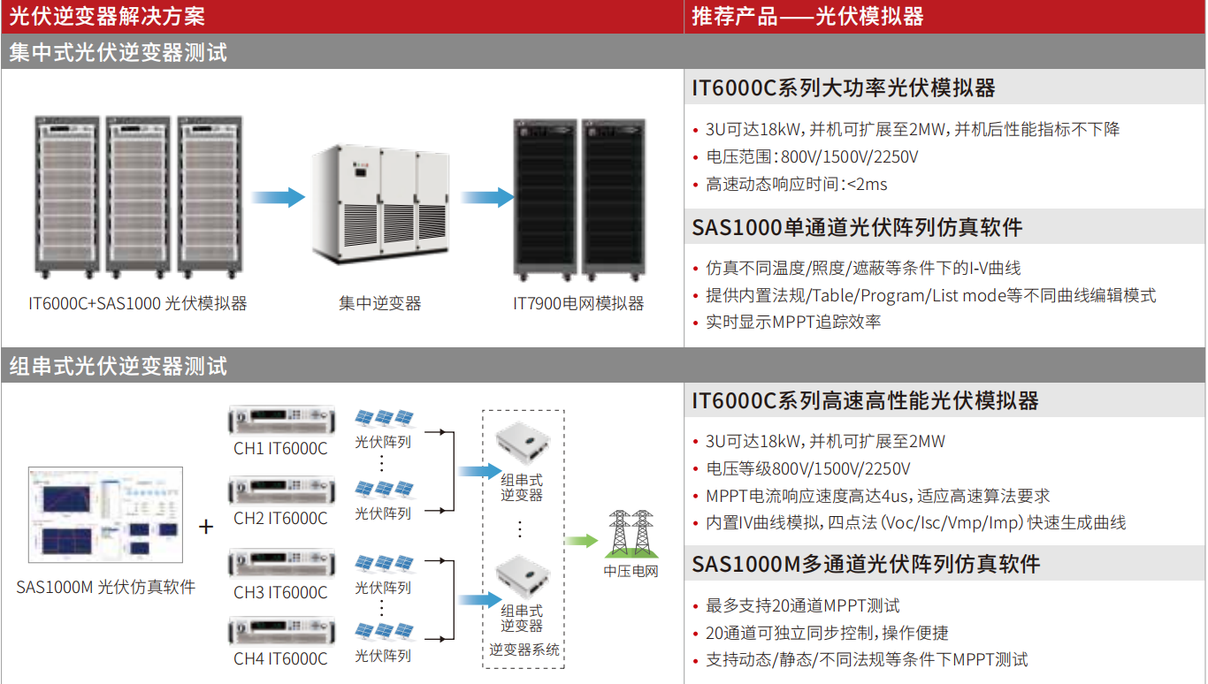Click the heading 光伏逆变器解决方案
click(x=107, y=16)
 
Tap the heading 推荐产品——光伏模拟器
click(x=807, y=16)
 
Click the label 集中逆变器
click(x=380, y=304)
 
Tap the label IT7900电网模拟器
click(x=578, y=304)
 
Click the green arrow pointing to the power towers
click(x=581, y=541)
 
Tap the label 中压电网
click(x=631, y=571)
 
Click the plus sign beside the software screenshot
click(x=206, y=528)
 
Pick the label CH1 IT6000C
click(x=280, y=449)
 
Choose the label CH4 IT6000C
click(x=280, y=659)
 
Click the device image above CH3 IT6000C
click(x=283, y=563)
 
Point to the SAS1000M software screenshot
click(x=105, y=514)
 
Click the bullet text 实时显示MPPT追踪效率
click(x=793, y=323)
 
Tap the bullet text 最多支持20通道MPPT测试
click(x=802, y=606)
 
